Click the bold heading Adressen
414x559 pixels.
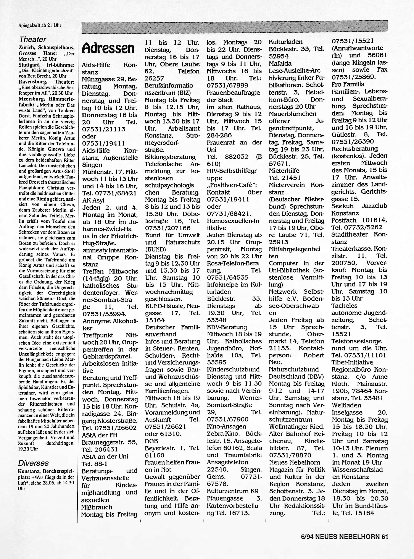pos(108,49)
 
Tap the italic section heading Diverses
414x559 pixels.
pos(33,463)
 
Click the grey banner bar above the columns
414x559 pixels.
pos(234,28)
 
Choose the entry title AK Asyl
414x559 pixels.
pos(93,201)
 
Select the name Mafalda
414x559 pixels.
pos(280,63)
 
